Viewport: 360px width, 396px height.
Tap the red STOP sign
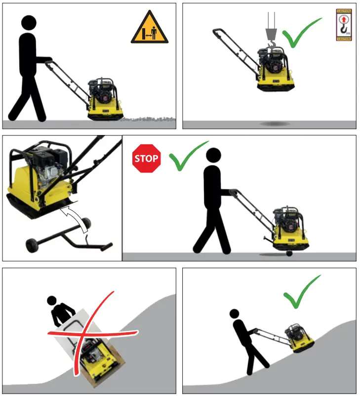[x=147, y=159]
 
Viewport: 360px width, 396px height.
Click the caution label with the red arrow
[x=343, y=24]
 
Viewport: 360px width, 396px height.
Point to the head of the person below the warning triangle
[x=29, y=22]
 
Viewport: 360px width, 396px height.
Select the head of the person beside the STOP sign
[x=213, y=155]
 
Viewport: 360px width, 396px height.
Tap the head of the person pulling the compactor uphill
[x=234, y=313]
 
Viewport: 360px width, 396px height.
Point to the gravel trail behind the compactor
[x=148, y=119]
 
